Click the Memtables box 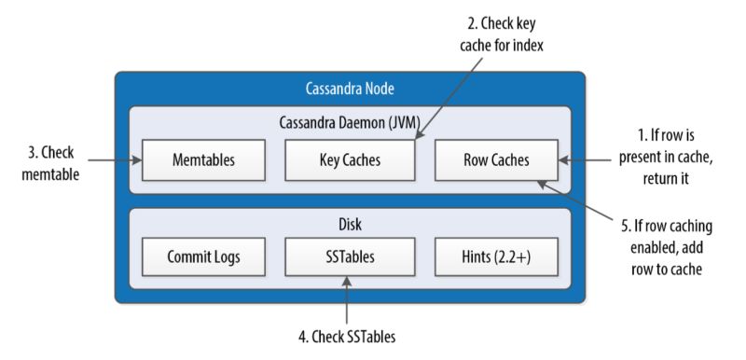tap(202, 159)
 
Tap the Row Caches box tap(496, 159)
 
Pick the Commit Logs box tap(202, 253)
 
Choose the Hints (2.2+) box tap(496, 253)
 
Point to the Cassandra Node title tap(350, 90)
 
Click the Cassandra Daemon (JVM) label tap(350, 121)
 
